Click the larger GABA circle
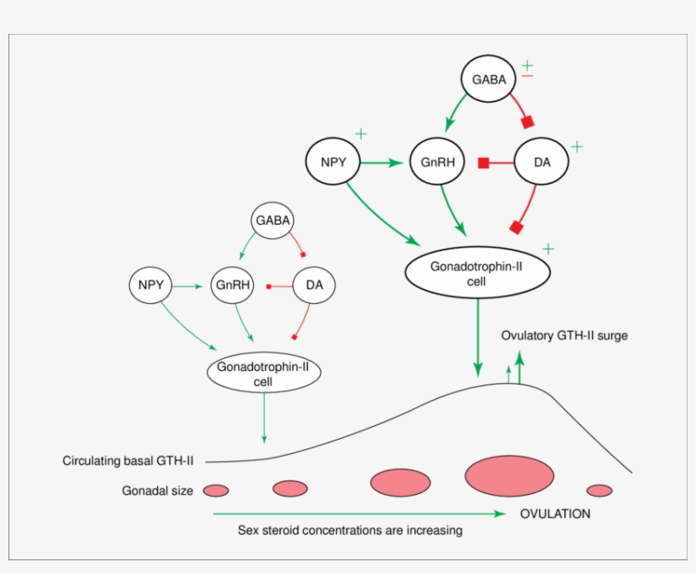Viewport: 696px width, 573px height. (488, 80)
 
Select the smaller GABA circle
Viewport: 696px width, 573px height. (272, 221)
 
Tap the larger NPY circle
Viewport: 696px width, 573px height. (334, 161)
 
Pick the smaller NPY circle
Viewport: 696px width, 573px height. (149, 285)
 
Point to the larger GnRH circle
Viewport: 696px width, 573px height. (436, 161)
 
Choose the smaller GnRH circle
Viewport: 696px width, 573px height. (232, 285)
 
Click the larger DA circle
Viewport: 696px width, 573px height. (542, 161)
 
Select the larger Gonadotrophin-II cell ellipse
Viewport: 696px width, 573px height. (477, 272)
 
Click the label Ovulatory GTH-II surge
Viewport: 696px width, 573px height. (564, 335)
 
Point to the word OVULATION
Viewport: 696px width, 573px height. (555, 514)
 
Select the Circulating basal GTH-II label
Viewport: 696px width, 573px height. (128, 461)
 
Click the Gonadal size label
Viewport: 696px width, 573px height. (157, 491)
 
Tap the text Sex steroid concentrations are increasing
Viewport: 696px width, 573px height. (350, 531)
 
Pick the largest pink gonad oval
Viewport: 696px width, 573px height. (509, 475)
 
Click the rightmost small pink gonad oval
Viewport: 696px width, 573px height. (599, 490)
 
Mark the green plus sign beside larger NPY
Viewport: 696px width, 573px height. (361, 134)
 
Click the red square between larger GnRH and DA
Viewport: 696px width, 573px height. (483, 162)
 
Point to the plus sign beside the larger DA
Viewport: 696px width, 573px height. (577, 147)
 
